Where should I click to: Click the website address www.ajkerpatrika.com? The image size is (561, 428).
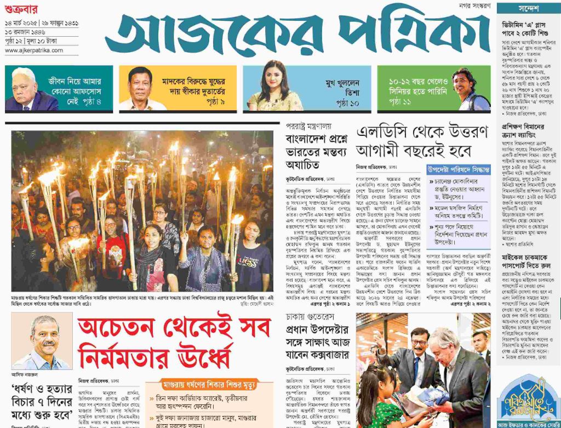[x=34, y=50]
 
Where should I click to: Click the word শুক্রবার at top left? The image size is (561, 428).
[x=20, y=8]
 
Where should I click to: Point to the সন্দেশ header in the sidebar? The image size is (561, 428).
[x=528, y=9]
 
